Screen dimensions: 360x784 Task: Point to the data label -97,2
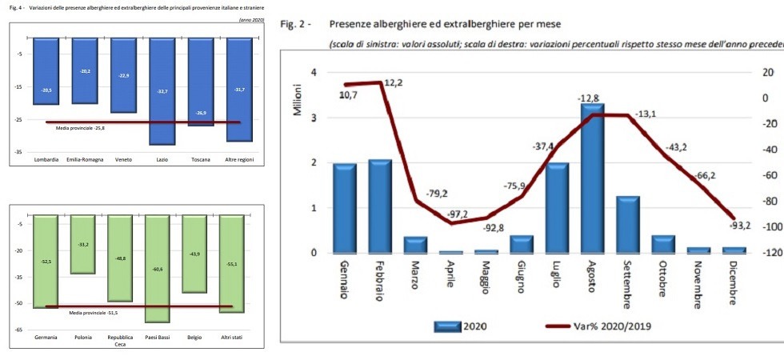pos(458,214)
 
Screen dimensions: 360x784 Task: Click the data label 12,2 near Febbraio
pos(394,83)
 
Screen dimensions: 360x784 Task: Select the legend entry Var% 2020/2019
pos(603,326)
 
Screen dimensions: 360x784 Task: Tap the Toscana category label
pos(200,160)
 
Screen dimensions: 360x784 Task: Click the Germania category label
pos(46,338)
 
